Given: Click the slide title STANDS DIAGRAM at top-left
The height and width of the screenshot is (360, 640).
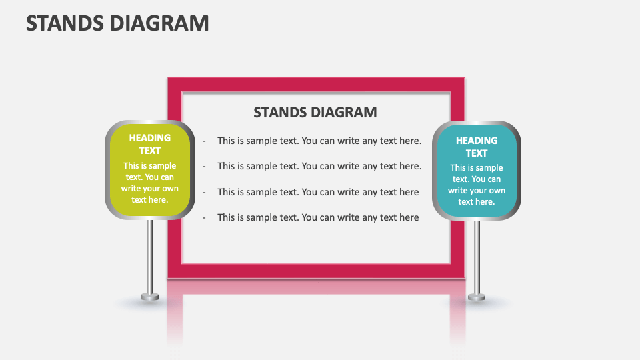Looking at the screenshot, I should (117, 23).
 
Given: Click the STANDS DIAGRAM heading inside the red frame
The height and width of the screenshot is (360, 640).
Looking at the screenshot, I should (315, 112).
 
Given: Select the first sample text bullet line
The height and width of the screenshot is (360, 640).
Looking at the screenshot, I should (319, 141).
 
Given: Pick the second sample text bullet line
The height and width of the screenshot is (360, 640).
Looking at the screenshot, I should (319, 166).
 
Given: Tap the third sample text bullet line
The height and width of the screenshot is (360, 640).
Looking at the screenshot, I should (318, 192).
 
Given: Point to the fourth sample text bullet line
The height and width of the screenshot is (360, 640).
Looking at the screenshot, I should (318, 217).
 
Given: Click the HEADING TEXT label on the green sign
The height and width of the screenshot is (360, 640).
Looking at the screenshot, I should (150, 144).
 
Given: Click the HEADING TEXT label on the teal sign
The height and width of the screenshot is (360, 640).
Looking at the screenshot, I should (477, 147).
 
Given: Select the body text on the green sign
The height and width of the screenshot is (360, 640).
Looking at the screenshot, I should (150, 183).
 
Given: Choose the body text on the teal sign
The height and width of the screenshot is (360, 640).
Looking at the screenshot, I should (477, 185).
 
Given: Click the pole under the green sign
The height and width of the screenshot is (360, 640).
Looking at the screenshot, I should (150, 253).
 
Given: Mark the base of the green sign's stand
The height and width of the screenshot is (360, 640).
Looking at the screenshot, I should (150, 296).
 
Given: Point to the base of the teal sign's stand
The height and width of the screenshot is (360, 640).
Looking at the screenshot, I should (477, 296).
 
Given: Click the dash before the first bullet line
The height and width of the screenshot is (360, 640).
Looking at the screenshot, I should (204, 141).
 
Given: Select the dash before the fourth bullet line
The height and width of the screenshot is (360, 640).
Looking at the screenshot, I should (204, 217).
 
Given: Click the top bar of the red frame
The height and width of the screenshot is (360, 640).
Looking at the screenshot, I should (315, 85).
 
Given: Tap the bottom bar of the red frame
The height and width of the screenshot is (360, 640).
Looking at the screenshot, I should (315, 271).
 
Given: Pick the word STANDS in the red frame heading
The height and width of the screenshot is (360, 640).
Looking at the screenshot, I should (279, 112).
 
